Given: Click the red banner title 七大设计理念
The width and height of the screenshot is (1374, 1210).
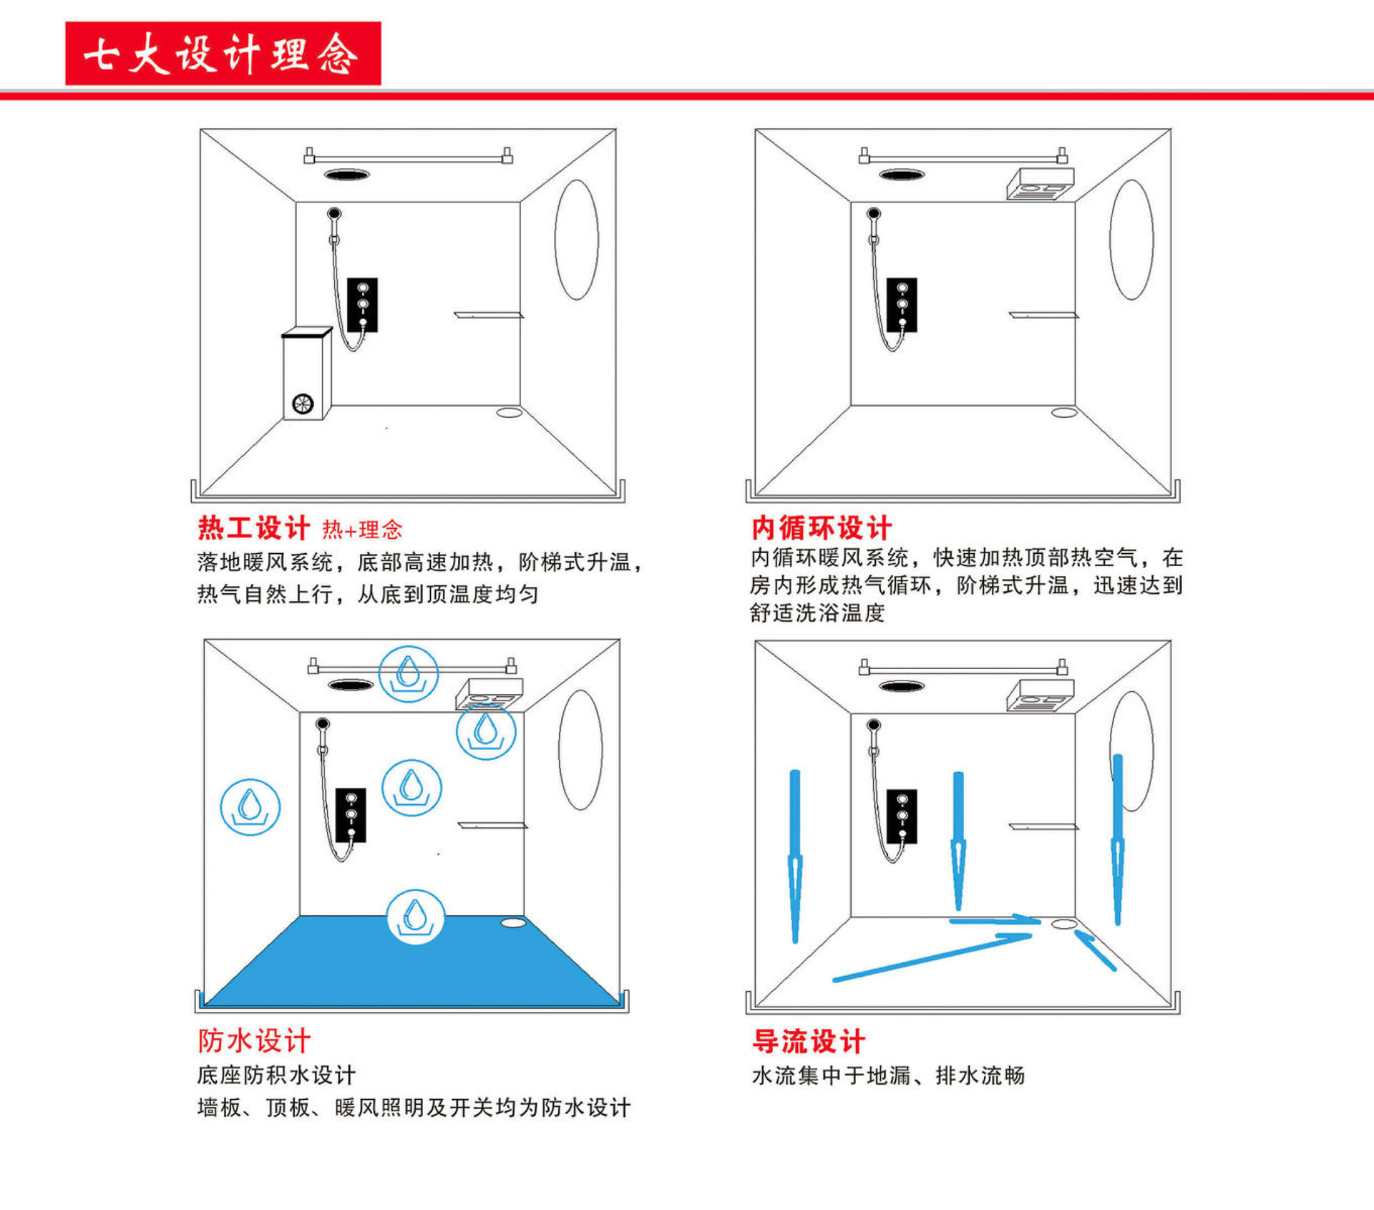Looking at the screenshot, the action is point(223,54).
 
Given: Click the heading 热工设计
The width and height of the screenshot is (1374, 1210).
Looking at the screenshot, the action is point(253,528).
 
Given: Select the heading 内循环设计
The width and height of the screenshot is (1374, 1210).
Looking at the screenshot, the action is point(821,528).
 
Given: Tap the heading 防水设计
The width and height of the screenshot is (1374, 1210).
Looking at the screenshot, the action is point(254,1040).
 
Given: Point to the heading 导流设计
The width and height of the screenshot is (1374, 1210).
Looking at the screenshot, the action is point(809,1041).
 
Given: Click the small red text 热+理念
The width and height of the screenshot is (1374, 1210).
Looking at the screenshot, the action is point(362,530).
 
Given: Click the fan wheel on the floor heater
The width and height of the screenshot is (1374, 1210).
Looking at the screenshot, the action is point(303,404).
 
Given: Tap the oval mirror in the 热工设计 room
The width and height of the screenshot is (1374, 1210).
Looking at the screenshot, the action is point(576,239).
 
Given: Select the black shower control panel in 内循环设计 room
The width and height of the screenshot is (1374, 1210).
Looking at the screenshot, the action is point(902,305).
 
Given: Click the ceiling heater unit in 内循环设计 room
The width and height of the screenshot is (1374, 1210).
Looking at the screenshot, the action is point(1041,185).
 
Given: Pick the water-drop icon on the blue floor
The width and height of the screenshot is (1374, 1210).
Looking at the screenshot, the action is point(415,917).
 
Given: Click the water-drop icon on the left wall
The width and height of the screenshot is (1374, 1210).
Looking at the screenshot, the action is point(250,806).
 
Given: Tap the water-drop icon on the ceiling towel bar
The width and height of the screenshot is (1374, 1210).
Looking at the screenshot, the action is point(408,673).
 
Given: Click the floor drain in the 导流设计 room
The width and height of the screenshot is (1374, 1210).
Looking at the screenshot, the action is point(1064,924).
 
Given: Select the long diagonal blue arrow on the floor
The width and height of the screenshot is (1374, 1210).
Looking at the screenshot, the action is point(930,957).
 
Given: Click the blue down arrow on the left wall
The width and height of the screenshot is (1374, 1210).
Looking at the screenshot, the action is point(795,855).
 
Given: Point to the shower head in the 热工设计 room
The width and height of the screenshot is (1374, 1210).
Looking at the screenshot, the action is point(334,213).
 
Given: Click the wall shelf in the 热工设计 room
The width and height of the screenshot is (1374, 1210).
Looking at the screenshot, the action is point(489,314).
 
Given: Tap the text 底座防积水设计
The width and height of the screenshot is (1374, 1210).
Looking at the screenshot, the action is point(276,1075).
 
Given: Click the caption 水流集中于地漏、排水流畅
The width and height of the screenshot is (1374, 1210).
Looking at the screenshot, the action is point(888,1075).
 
